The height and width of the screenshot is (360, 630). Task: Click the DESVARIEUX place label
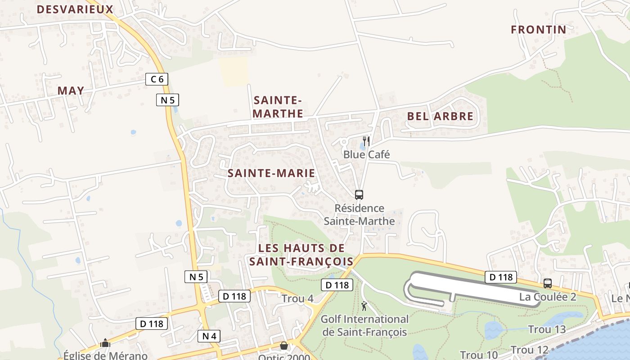pos(75,9)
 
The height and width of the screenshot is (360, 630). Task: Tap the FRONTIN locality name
pos(538,30)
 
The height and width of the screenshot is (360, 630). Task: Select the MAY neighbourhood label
pos(71,90)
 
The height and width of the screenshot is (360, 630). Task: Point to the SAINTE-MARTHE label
pos(278,107)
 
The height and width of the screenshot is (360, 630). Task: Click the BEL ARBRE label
pos(440,116)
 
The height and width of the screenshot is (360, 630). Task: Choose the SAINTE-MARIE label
pos(271,173)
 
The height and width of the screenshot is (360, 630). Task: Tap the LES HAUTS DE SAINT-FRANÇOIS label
pos(301,255)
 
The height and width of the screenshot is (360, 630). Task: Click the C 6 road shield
pos(157,79)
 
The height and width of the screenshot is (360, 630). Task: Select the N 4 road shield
pos(209,336)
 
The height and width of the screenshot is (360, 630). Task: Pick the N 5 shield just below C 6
pos(167,100)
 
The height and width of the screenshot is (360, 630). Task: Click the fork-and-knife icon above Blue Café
pos(366,141)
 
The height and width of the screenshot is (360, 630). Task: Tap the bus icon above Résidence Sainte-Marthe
pos(359,195)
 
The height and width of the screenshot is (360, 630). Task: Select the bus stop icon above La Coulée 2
pos(548,283)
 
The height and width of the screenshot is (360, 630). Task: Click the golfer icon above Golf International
pos(364,306)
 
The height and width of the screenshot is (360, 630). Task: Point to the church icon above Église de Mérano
pos(105,343)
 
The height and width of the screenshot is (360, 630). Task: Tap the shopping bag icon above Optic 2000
pos(284,346)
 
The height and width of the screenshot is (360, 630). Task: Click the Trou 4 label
pos(297,298)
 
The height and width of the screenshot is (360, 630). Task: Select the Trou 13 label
pos(547,329)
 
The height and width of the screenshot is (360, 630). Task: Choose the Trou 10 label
pos(479,355)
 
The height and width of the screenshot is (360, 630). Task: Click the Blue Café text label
pos(366,154)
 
